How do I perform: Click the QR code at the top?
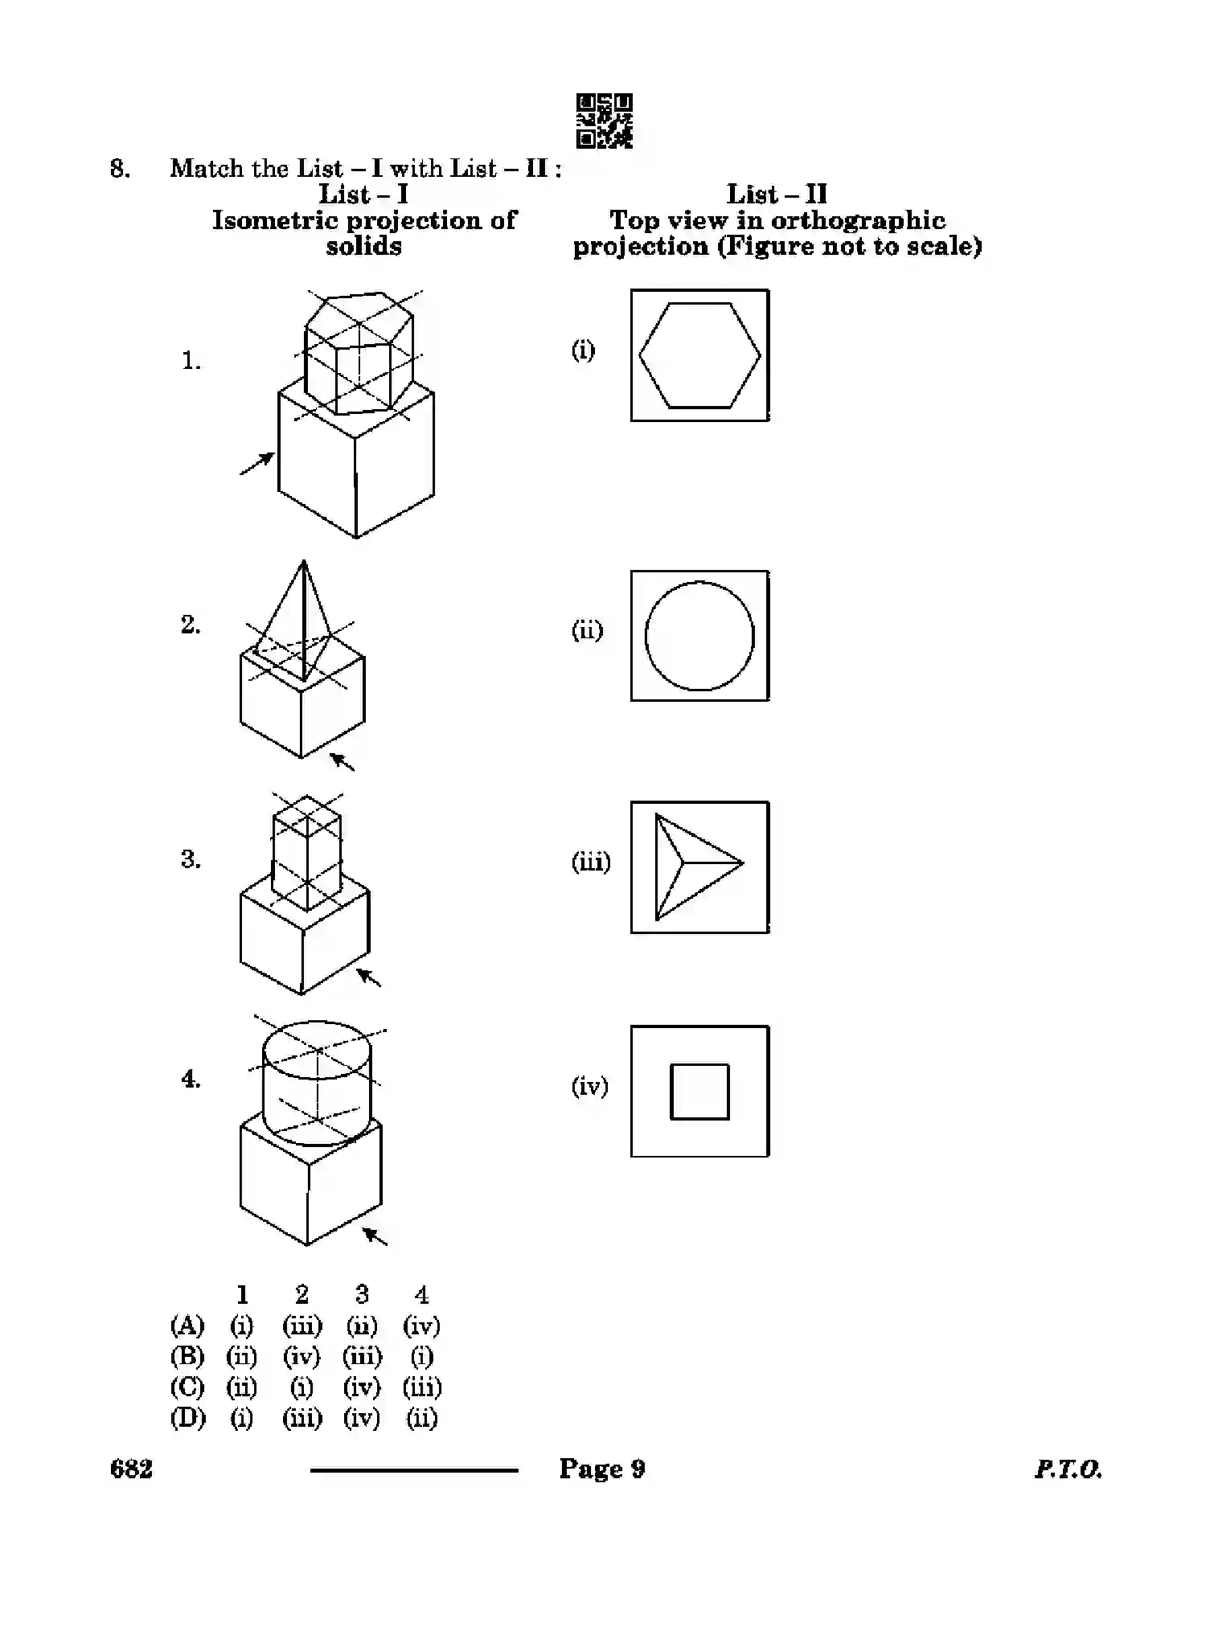(x=604, y=121)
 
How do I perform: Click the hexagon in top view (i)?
(x=699, y=355)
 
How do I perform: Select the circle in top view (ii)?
(x=699, y=636)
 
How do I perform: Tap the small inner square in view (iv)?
(x=699, y=1092)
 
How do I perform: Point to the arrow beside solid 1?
(x=257, y=463)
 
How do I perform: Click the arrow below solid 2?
(x=343, y=760)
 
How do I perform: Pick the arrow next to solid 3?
(x=369, y=977)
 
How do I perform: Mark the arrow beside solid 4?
(x=375, y=1235)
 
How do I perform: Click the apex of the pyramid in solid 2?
(x=304, y=563)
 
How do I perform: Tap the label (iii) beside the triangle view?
(x=591, y=863)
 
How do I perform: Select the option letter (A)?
(x=187, y=1325)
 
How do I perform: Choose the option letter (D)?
(x=187, y=1417)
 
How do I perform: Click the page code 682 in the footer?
(x=131, y=1469)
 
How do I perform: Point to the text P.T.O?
(x=1068, y=1469)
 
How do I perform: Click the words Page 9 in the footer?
(x=602, y=1469)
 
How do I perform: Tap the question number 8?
(x=120, y=169)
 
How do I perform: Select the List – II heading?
(x=776, y=194)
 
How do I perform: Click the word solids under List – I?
(x=363, y=246)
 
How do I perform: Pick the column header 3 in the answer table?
(x=362, y=1294)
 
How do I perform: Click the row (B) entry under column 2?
(x=301, y=1356)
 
